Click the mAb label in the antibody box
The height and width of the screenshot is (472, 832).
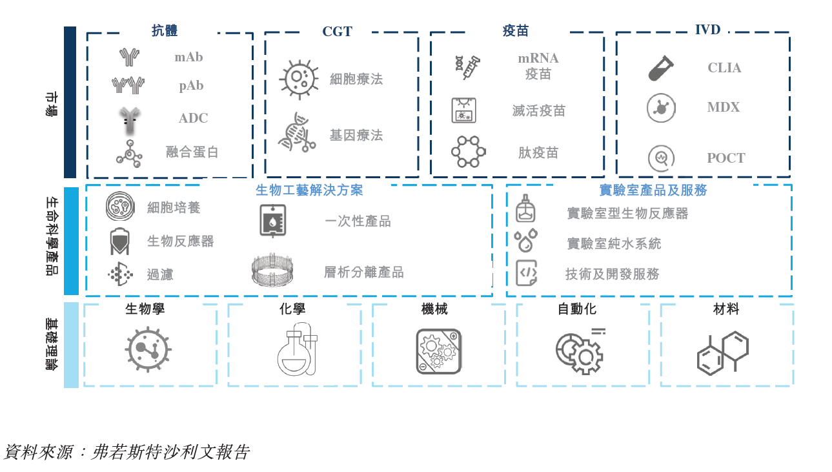click(188, 57)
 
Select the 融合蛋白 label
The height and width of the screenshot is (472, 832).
click(192, 152)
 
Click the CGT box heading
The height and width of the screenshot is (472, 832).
click(337, 31)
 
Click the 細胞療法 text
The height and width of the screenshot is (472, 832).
click(356, 79)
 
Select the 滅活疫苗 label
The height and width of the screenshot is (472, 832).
click(538, 110)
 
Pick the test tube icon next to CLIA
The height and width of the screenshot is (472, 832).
click(661, 68)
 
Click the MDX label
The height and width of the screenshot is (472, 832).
click(723, 107)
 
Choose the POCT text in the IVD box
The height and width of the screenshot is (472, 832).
click(725, 158)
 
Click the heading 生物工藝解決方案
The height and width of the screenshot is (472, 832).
click(309, 190)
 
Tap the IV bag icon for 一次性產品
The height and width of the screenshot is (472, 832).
click(272, 221)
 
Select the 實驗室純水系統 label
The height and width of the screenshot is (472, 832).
click(614, 243)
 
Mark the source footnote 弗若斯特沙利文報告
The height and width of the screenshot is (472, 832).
click(170, 452)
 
